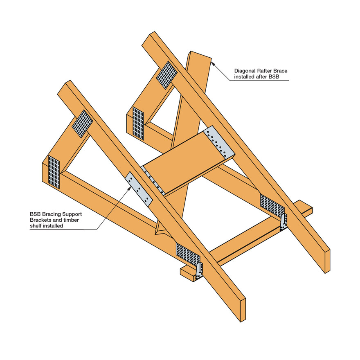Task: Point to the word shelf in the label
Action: [x=36, y=226]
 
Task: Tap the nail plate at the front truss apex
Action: [x=82, y=124]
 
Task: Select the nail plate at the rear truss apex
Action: [x=166, y=75]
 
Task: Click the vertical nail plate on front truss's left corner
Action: [x=54, y=172]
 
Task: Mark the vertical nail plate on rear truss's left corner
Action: [x=138, y=124]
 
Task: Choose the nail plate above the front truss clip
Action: [x=188, y=254]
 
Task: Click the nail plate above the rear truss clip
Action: [x=272, y=204]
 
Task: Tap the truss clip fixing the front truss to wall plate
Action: [x=199, y=271]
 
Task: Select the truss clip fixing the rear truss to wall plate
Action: [x=283, y=222]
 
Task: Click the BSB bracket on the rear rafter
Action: [x=219, y=142]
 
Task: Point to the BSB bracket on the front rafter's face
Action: [x=139, y=189]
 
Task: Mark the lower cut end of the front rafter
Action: [x=243, y=310]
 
